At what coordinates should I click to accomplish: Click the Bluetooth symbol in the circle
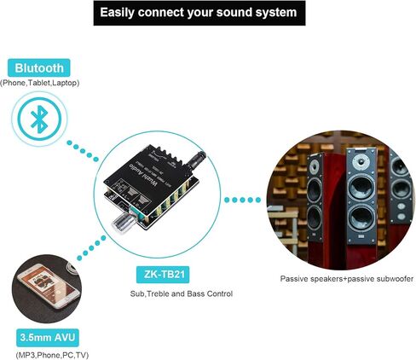pyautogui.click(x=37, y=120)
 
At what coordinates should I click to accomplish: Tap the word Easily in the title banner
pyautogui.click(x=119, y=13)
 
